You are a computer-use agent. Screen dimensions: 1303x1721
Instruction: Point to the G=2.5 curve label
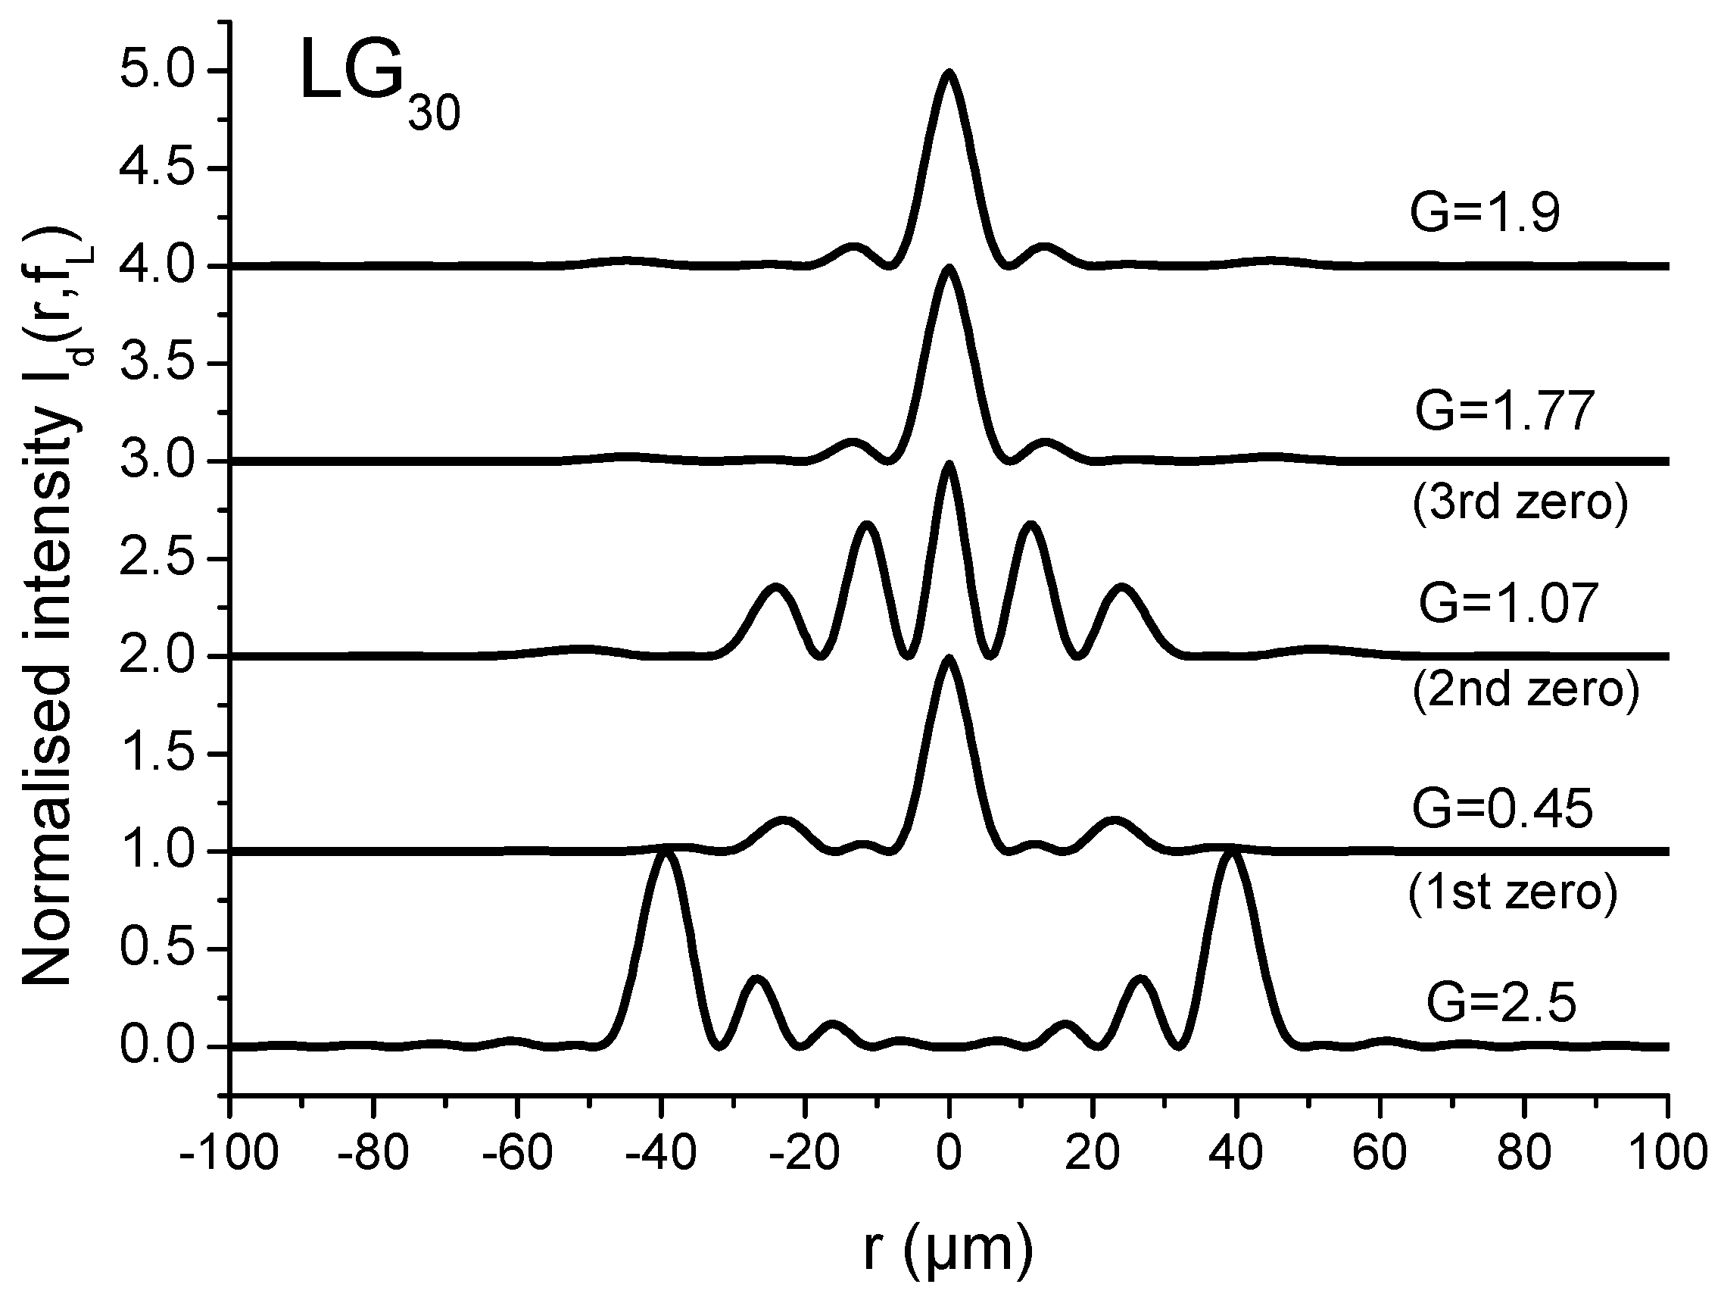pyautogui.click(x=1501, y=1003)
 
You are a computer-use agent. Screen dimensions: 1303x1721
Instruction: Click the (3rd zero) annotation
pyautogui.click(x=1520, y=503)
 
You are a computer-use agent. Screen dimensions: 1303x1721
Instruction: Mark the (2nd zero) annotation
pyautogui.click(x=1525, y=689)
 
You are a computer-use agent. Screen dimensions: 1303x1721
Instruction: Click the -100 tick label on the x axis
pyautogui.click(x=228, y=1153)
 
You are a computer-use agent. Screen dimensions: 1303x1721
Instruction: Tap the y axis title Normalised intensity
pyautogui.click(x=48, y=607)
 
